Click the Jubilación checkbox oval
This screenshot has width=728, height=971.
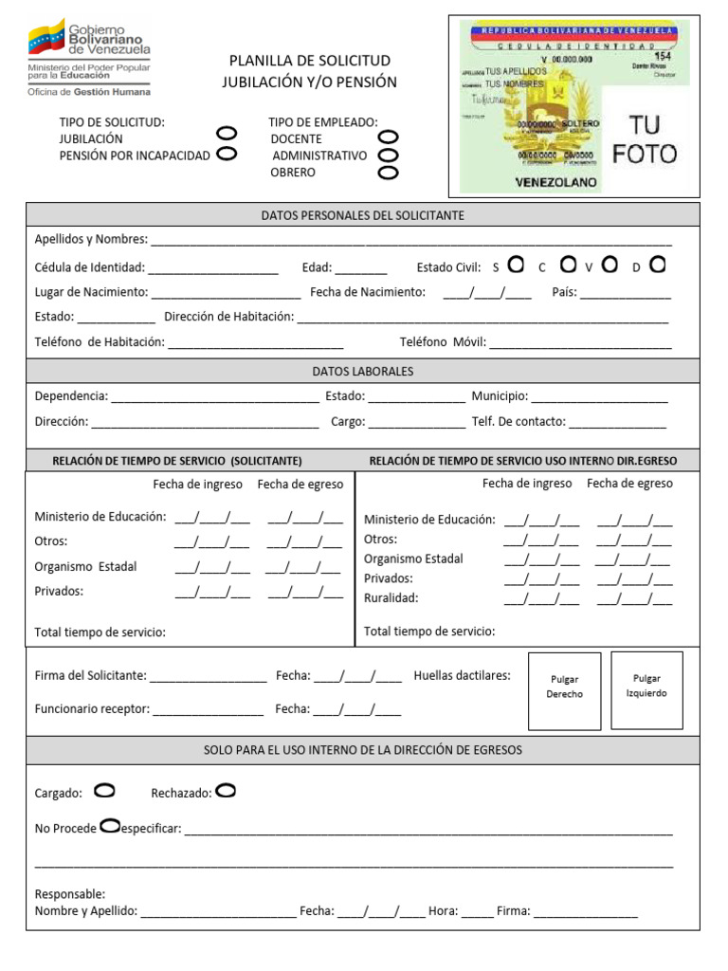coord(227,135)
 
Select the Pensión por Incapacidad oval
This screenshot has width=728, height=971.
coord(227,154)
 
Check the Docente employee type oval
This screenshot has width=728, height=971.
coord(388,138)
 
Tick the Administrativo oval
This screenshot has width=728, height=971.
coord(388,156)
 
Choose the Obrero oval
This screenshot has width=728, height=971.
coord(388,173)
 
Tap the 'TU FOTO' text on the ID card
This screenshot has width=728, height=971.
coord(645,138)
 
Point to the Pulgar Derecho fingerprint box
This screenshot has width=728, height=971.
coord(564,690)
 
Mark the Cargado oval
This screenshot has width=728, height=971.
coord(104,790)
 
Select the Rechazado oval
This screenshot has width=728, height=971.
coord(227,790)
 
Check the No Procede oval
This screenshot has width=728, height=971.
coord(109,826)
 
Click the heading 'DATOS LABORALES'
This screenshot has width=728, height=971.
coord(363,371)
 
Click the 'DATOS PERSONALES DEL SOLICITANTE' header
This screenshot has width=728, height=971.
coord(363,215)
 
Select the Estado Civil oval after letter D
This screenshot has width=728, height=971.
coord(658,265)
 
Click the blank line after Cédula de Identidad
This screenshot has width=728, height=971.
coord(213,269)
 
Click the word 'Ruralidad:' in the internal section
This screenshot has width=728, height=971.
coord(391,598)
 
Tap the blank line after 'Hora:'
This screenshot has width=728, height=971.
coord(478,913)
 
